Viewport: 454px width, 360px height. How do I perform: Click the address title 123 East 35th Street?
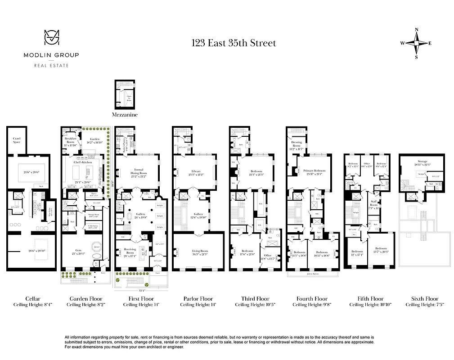[x=234, y=43]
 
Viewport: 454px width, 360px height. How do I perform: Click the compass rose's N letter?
[x=416, y=30]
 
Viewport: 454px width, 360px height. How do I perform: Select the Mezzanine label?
[x=125, y=115]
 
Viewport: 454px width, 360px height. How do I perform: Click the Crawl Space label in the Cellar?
[x=17, y=139]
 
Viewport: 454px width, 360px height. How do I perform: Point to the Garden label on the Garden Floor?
[x=94, y=139]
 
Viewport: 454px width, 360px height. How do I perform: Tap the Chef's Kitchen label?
[x=83, y=161]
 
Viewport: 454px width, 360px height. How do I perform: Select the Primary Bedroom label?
[x=314, y=171]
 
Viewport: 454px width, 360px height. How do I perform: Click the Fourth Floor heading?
[x=311, y=298]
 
